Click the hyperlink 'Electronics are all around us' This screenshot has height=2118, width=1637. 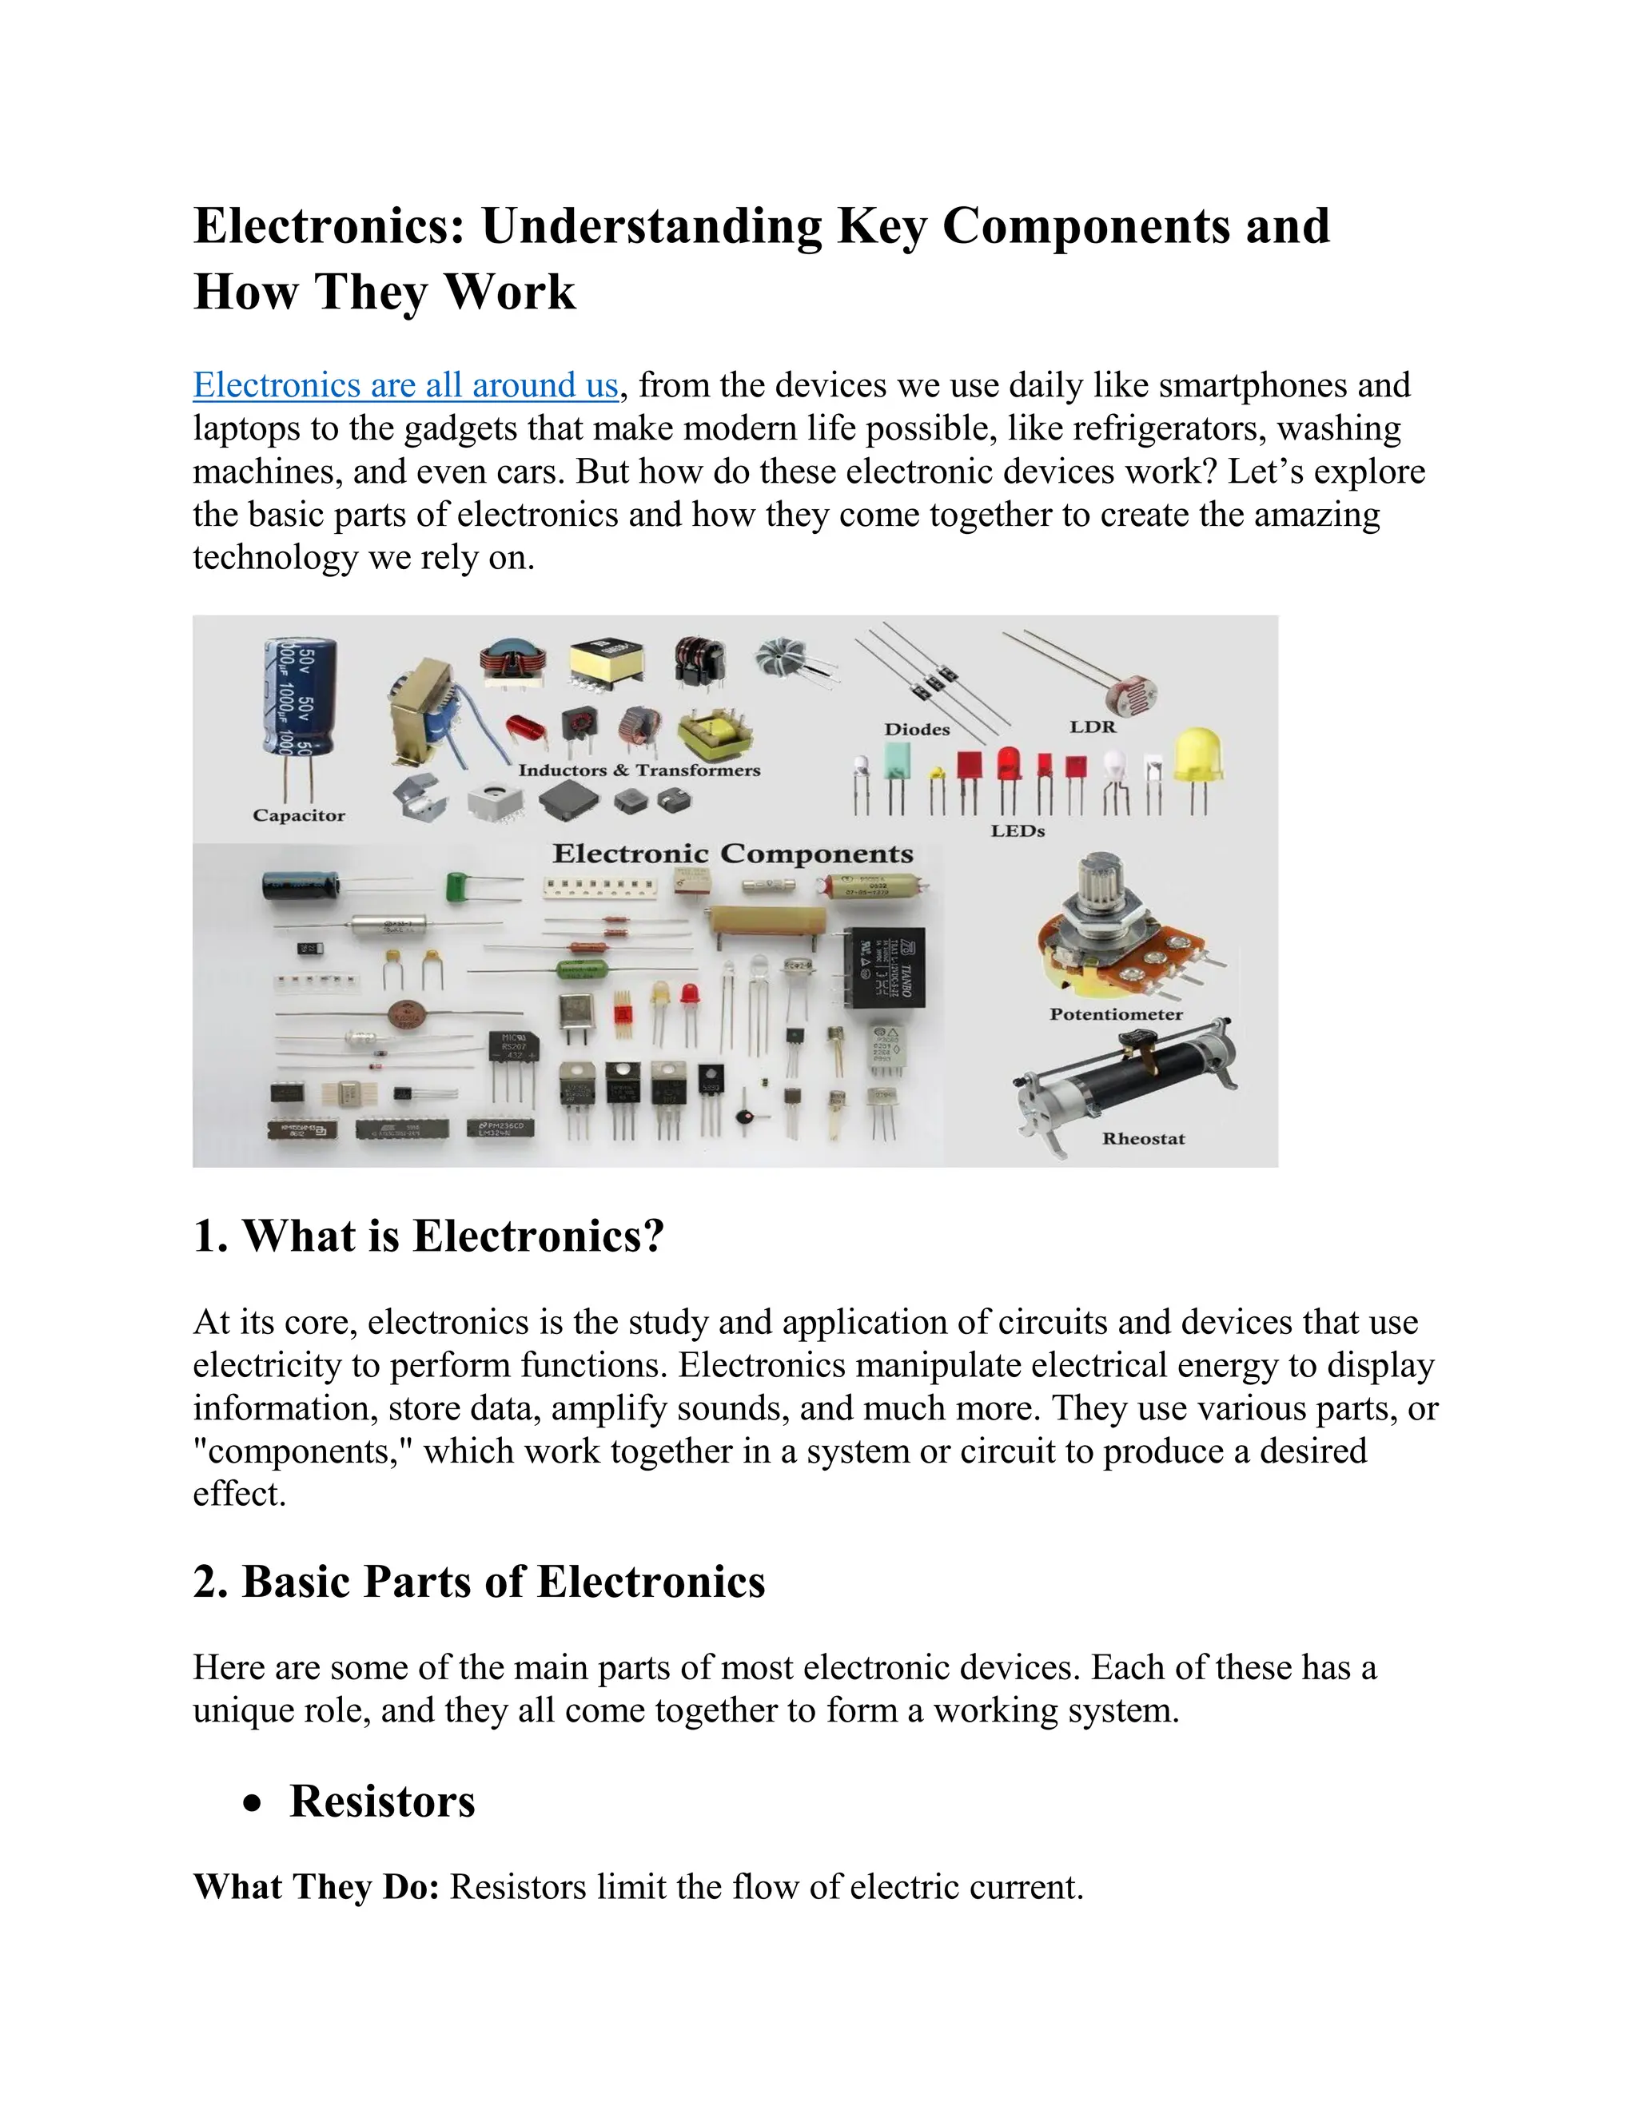pyautogui.click(x=405, y=385)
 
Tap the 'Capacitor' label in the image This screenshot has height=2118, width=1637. pyautogui.click(x=299, y=815)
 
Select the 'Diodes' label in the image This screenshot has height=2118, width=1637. pyautogui.click(x=917, y=729)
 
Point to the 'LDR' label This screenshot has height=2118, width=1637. pyautogui.click(x=1093, y=727)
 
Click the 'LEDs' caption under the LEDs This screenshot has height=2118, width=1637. pyautogui.click(x=1018, y=831)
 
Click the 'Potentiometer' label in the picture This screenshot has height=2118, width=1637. pyautogui.click(x=1115, y=1014)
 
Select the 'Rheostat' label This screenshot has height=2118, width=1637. pyautogui.click(x=1143, y=1138)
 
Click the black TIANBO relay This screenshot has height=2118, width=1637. pyautogui.click(x=886, y=967)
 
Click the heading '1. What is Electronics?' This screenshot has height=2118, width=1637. pyautogui.click(x=428, y=1236)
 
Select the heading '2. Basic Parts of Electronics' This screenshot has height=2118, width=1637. pyautogui.click(x=479, y=1582)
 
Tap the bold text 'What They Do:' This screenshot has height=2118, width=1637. pyautogui.click(x=317, y=1887)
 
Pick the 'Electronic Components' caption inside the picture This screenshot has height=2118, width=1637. pyautogui.click(x=732, y=854)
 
